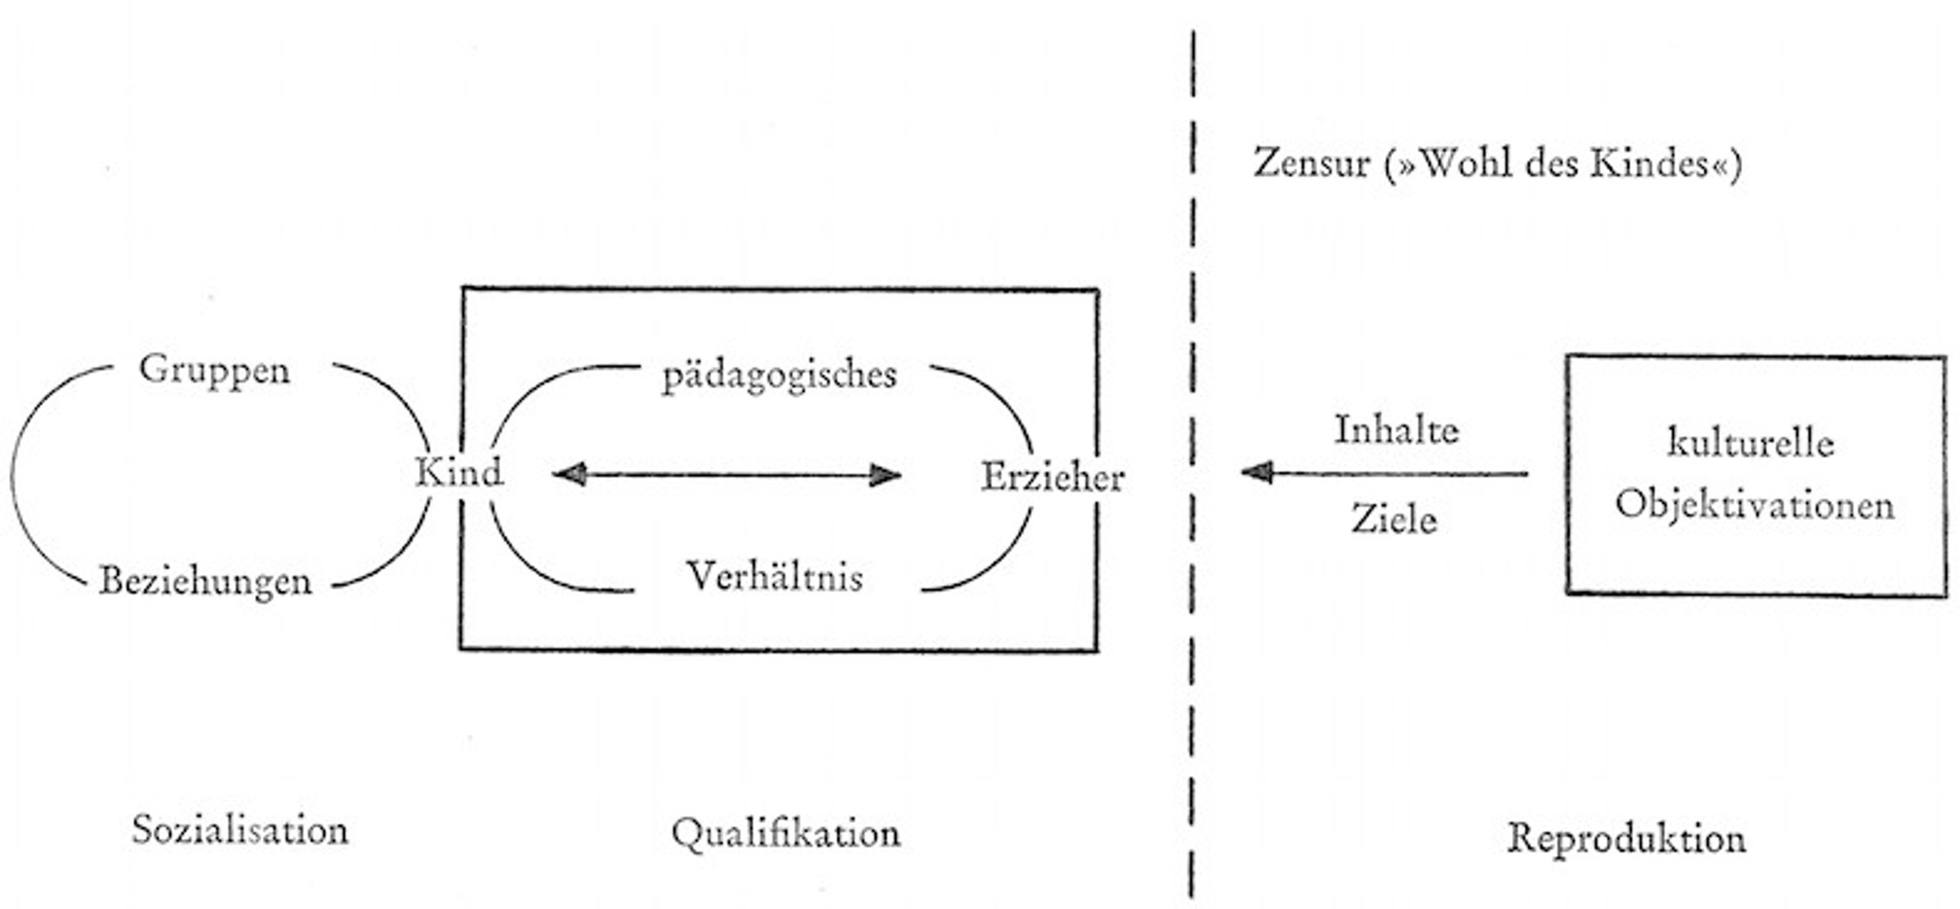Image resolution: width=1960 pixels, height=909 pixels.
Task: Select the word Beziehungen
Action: pos(205,580)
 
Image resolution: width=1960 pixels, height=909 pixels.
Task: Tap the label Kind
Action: pos(459,473)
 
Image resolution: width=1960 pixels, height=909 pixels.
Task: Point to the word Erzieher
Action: pos(1053,477)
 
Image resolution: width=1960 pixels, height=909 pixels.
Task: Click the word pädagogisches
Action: pos(779,375)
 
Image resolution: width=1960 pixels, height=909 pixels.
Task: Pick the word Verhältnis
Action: pos(775,576)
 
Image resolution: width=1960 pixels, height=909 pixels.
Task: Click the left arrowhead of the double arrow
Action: pos(570,474)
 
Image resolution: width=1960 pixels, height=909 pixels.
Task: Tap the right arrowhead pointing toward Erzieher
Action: pos(885,474)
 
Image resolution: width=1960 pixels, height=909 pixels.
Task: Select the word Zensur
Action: pos(1311,164)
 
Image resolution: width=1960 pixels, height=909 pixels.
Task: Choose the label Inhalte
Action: pos(1396,430)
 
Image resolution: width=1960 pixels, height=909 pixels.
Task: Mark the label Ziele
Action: pos(1394,519)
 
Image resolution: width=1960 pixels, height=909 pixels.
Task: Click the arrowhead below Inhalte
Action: pos(1257,472)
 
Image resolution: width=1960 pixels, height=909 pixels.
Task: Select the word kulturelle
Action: pos(1751,444)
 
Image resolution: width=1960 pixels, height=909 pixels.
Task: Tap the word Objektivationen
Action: pos(1755,504)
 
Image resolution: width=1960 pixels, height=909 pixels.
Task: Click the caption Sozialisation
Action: pos(240,830)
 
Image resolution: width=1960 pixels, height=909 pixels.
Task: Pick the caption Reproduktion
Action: pos(1626,837)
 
